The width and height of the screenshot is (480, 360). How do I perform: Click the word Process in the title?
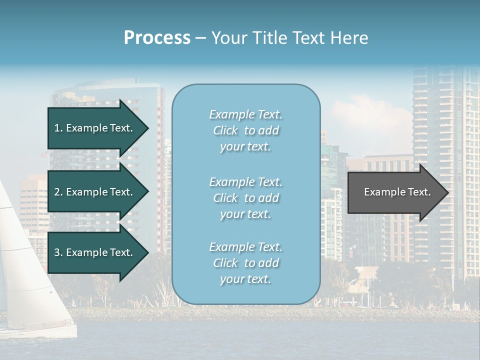(x=157, y=37)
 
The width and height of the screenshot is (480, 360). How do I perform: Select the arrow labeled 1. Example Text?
(x=95, y=128)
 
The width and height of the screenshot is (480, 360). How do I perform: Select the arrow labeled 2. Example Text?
(x=95, y=192)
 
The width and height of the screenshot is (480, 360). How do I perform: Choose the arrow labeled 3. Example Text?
(x=95, y=252)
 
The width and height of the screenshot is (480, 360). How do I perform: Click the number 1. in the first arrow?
(x=58, y=128)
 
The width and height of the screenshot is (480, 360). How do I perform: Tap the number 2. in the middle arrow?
(x=58, y=192)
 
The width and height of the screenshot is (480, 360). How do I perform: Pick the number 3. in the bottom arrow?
(x=58, y=252)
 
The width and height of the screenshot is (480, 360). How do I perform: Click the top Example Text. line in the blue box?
(x=245, y=114)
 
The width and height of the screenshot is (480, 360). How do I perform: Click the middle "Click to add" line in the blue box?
(x=245, y=198)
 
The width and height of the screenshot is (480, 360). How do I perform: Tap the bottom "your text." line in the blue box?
(x=245, y=279)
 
